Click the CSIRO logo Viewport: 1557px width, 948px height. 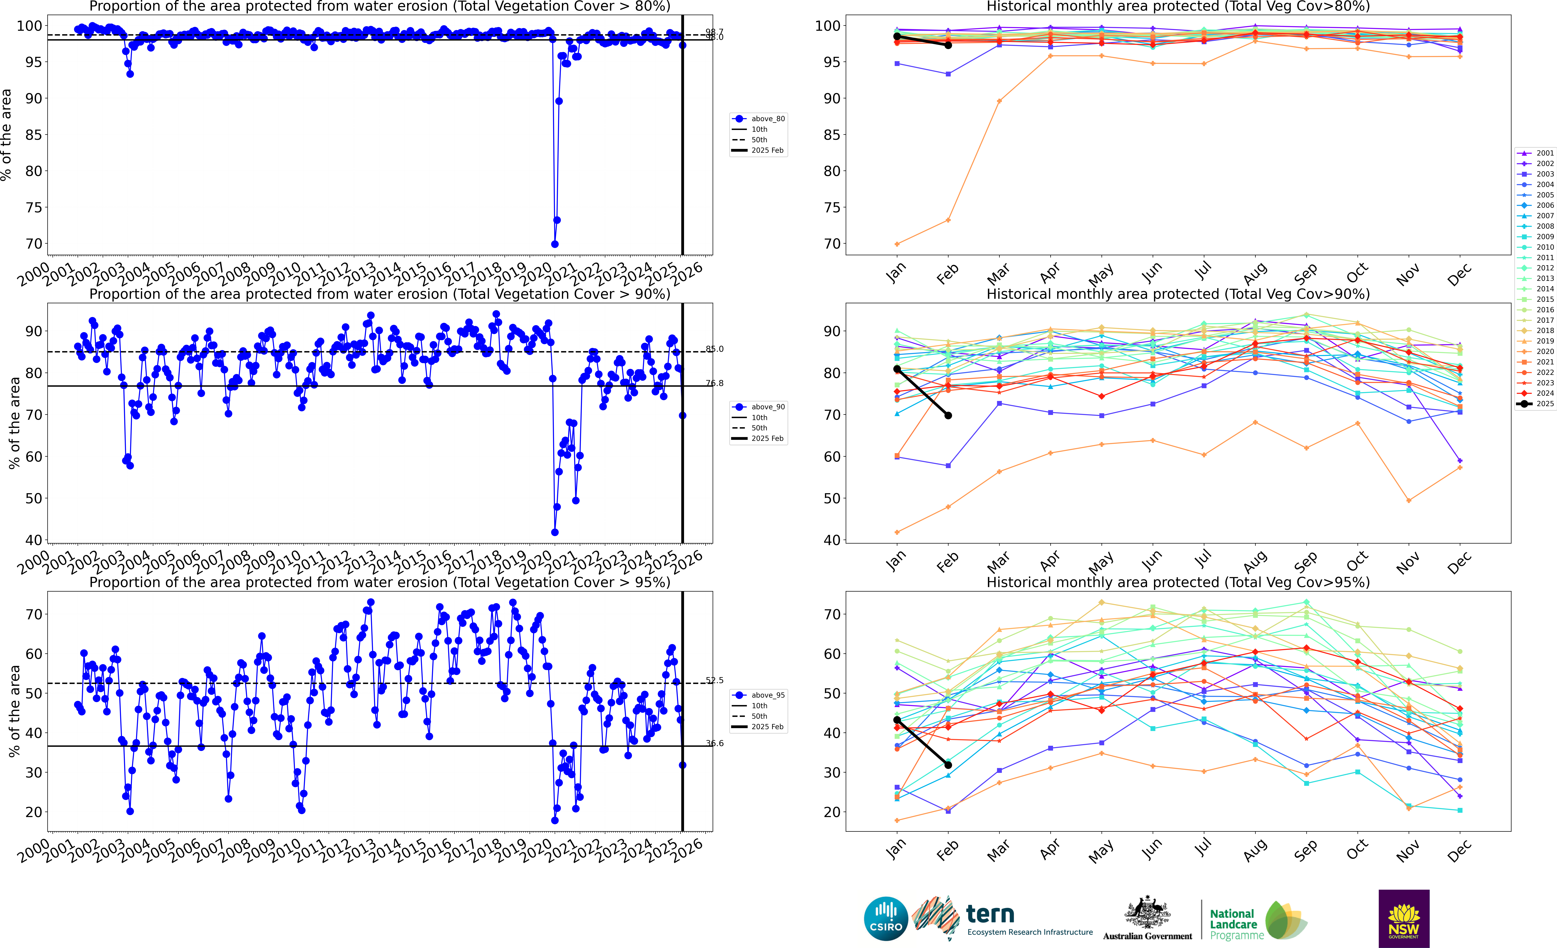886,918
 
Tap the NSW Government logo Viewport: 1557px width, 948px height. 1404,918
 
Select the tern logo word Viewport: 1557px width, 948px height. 990,914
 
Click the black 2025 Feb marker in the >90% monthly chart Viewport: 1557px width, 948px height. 948,415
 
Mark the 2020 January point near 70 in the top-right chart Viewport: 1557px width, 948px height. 897,244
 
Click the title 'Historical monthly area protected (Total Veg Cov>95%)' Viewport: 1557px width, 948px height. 1178,582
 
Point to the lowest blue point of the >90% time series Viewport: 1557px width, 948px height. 555,532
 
